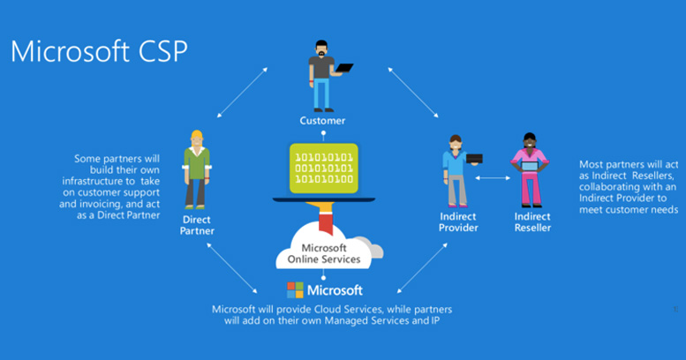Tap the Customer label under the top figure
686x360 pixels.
(323, 120)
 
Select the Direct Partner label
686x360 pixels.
(198, 224)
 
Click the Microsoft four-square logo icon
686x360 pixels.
(295, 290)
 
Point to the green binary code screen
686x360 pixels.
(324, 169)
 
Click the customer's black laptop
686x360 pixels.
(343, 68)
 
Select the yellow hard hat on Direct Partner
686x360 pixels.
(197, 135)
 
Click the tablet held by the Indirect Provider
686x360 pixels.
(474, 159)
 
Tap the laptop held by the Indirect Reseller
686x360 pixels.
(531, 165)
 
